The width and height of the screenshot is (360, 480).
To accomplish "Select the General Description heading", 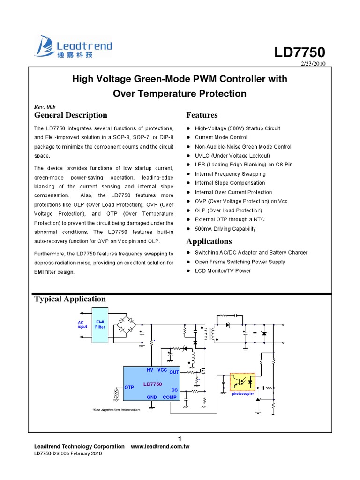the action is pyautogui.click(x=71, y=115).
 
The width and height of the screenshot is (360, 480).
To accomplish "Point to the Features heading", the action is pyautogui.click(x=202, y=115).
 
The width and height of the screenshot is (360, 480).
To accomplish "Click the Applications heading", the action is pyautogui.click(x=209, y=241).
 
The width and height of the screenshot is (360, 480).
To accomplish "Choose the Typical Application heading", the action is pyautogui.click(x=70, y=299).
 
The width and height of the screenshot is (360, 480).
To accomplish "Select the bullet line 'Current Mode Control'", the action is pyautogui.click(x=221, y=137).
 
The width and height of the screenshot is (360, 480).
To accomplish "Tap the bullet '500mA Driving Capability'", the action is pyautogui.click(x=225, y=229).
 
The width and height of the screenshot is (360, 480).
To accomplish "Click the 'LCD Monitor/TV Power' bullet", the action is pyautogui.click(x=223, y=271).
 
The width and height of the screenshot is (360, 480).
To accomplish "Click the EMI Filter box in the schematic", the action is pyautogui.click(x=100, y=324).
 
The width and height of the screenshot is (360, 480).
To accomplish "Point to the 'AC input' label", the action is pyautogui.click(x=82, y=324).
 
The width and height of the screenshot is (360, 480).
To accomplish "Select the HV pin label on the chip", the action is pyautogui.click(x=150, y=370).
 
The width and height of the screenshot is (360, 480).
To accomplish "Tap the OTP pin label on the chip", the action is pyautogui.click(x=129, y=387).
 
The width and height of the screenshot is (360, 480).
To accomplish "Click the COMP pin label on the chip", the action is pyautogui.click(x=170, y=397).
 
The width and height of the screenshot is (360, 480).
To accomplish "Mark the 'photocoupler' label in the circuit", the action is pyautogui.click(x=243, y=394).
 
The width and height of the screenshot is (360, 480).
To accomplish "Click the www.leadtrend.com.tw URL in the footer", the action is pyautogui.click(x=160, y=447).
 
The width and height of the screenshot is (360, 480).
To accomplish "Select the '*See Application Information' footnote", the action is pyautogui.click(x=116, y=410).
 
